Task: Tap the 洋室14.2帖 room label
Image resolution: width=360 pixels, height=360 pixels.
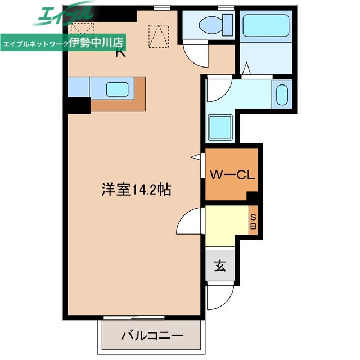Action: click(x=137, y=190)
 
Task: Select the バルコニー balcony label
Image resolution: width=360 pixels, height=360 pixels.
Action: click(x=152, y=336)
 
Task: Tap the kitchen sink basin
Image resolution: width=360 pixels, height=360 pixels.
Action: click(x=119, y=89)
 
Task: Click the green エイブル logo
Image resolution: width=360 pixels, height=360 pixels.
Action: click(x=62, y=15)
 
